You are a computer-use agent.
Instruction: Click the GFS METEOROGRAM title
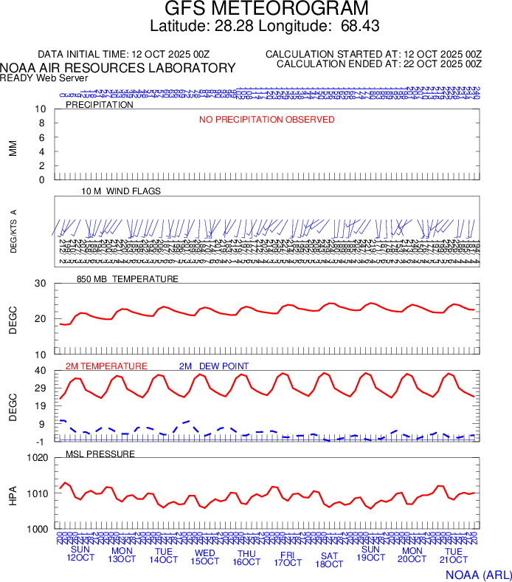click(266, 9)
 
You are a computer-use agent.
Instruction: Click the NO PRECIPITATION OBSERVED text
click(267, 120)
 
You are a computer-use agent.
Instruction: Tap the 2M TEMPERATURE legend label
click(106, 366)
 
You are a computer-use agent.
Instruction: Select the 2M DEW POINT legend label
click(214, 366)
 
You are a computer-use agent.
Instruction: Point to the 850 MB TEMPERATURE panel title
click(128, 279)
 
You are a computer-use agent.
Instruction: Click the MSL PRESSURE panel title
click(100, 453)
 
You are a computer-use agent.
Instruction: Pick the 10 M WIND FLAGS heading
click(121, 191)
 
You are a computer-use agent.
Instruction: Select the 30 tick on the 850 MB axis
click(41, 284)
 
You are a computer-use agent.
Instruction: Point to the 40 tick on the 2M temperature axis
click(41, 371)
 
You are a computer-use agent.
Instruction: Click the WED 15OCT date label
click(205, 557)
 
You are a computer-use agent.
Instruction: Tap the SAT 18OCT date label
click(330, 560)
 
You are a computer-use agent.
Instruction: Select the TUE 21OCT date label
click(454, 556)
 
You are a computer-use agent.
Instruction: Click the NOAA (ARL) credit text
click(477, 573)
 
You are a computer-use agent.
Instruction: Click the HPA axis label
click(13, 493)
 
